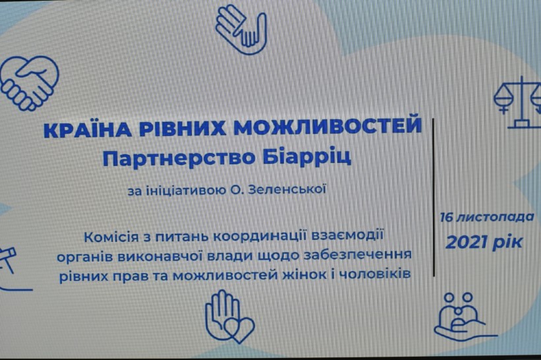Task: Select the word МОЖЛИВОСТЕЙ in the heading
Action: pos(328,125)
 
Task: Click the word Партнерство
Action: pos(179,158)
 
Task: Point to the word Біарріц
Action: pos(306,157)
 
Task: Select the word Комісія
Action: pos(111,237)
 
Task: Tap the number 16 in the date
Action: pos(447,218)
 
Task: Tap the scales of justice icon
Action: pos(517,103)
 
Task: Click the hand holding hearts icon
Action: pos(230,316)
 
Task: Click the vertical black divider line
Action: pos(433,197)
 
